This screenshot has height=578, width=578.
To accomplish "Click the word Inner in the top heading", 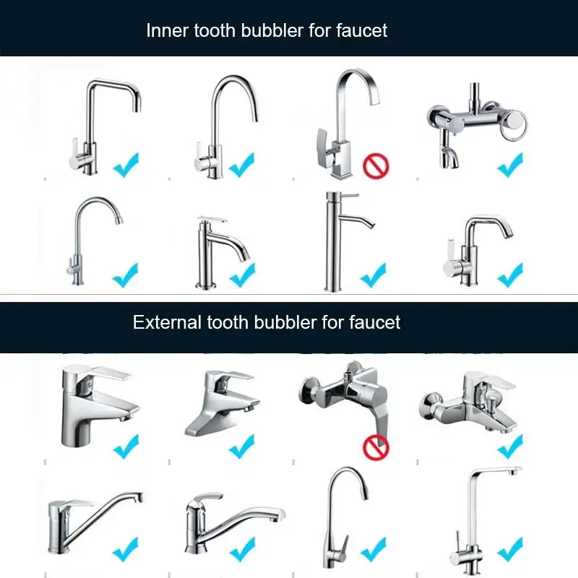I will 165,30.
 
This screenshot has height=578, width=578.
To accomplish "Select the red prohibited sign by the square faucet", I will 375,167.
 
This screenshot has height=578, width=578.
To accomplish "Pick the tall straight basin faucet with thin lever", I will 336,238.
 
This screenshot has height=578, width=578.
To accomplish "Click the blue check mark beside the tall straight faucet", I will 374,275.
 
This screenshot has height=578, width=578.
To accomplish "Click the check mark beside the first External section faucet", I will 126,445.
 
